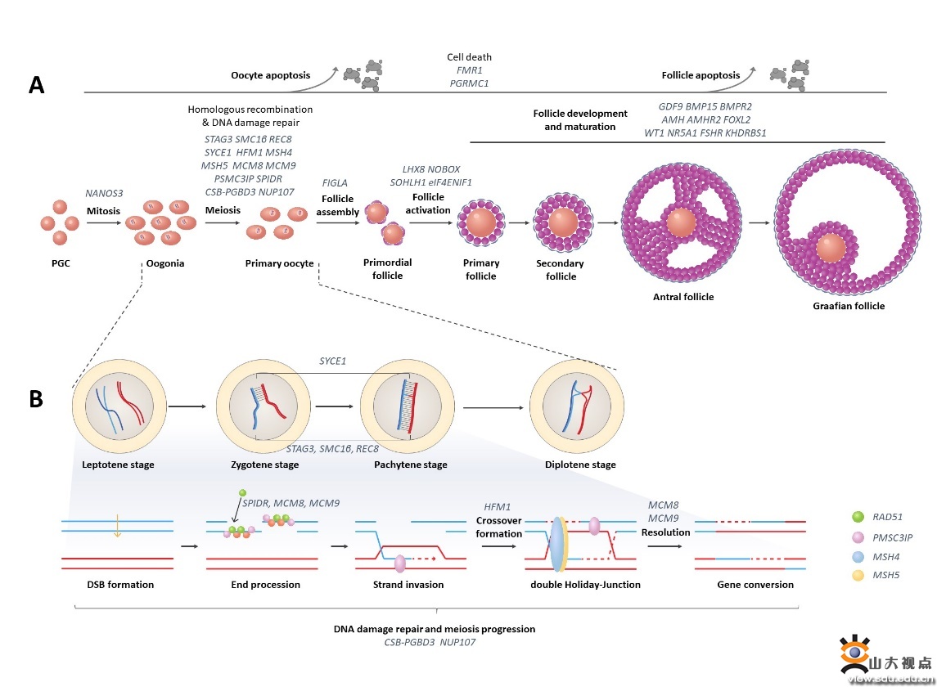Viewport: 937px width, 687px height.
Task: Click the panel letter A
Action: [36, 84]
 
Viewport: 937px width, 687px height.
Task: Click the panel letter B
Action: [36, 398]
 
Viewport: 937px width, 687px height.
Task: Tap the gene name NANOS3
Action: [103, 193]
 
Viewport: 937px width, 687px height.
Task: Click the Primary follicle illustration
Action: [480, 223]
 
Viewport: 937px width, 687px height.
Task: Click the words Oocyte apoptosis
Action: [269, 76]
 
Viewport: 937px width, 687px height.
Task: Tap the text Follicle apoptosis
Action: [700, 76]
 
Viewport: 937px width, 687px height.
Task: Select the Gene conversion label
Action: [755, 585]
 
